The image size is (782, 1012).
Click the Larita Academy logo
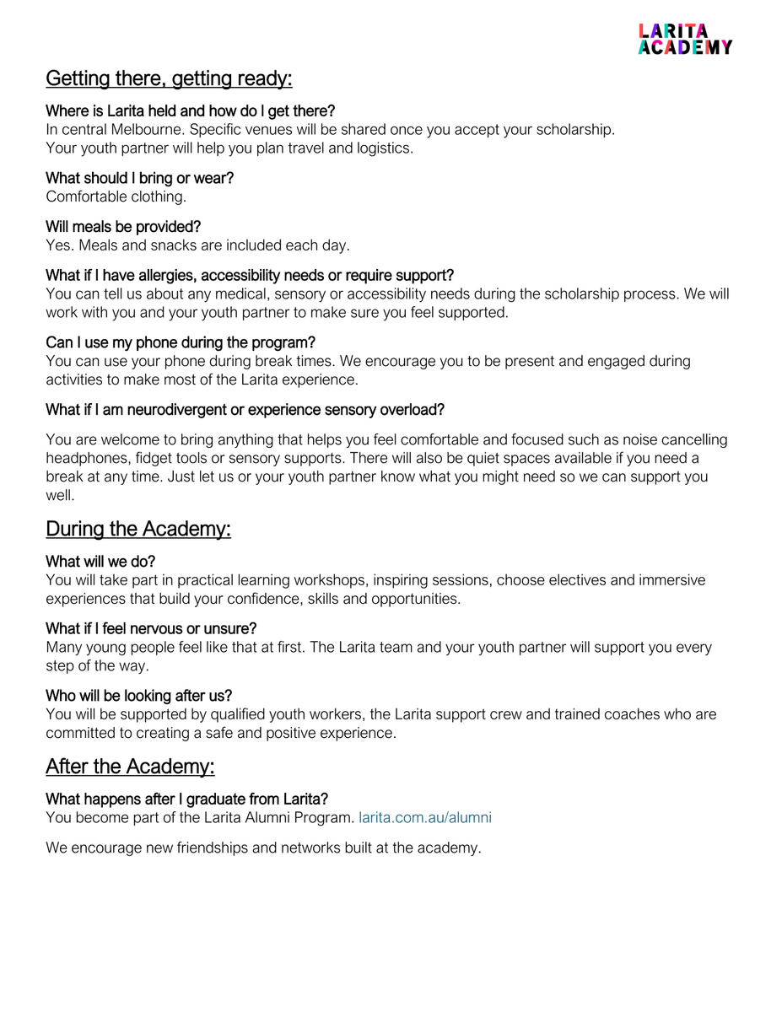point(685,39)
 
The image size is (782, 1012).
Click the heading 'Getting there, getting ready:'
point(169,79)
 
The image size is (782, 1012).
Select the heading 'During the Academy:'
point(138,530)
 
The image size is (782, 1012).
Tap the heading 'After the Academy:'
point(130,767)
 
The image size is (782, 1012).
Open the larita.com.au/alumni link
point(425,817)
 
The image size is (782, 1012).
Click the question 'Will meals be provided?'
point(123,227)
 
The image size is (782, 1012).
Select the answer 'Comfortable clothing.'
point(116,196)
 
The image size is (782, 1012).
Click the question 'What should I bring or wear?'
point(139,178)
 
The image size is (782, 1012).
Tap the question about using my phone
point(181,342)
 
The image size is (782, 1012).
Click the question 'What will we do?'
point(100,562)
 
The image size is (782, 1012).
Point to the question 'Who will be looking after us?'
point(139,696)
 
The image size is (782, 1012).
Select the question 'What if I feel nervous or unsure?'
point(151,629)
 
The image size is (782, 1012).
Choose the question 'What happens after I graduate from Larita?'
point(186,799)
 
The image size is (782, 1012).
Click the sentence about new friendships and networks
point(263,848)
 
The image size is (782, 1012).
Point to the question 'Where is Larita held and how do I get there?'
point(190,111)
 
